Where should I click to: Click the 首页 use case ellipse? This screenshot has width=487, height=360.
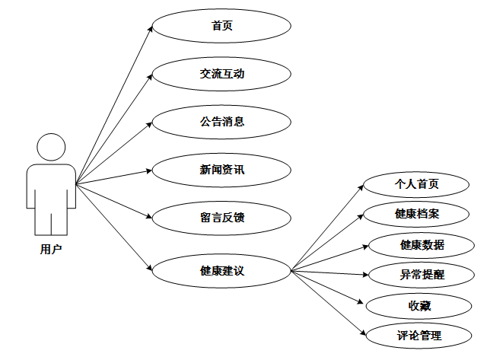click(221, 26)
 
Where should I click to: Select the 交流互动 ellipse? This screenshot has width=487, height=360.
click(221, 74)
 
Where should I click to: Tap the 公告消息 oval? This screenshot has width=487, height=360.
click(221, 122)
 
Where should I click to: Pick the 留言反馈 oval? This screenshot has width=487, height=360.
click(221, 218)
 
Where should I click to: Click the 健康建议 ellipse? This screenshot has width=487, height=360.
click(221, 270)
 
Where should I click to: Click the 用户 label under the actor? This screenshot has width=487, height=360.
click(51, 249)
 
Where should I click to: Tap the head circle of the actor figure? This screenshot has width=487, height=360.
click(51, 147)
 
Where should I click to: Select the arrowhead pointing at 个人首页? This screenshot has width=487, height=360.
click(362, 187)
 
